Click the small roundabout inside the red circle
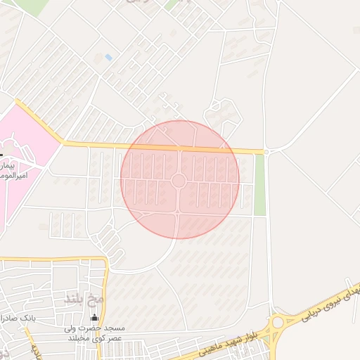click(179, 181)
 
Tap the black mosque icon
click(95, 318)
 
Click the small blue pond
click(108, 56)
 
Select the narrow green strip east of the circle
click(260, 184)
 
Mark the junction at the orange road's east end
click(266, 151)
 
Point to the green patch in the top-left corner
click(32, 6)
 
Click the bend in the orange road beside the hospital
click(62, 143)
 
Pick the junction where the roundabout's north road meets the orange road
click(180, 148)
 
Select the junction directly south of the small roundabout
click(179, 211)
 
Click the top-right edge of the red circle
click(221, 138)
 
